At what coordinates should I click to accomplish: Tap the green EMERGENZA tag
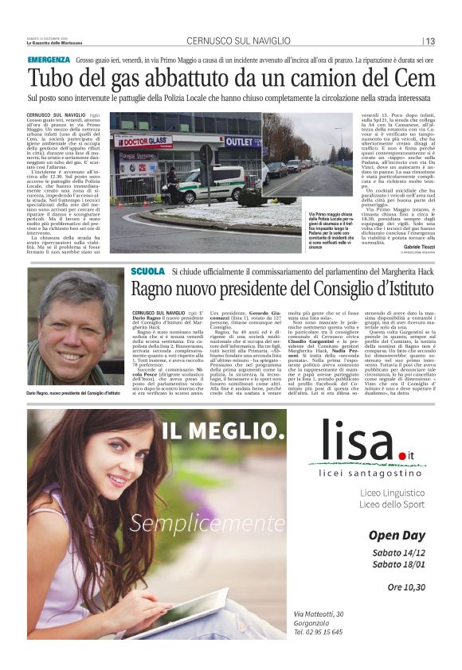(48, 60)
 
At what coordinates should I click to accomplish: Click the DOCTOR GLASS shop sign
(146, 142)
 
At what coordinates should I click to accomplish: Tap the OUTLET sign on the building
(242, 141)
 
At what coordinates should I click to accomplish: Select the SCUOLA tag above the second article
(147, 271)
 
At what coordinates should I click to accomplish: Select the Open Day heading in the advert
(397, 536)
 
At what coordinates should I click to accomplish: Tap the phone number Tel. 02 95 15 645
(318, 632)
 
